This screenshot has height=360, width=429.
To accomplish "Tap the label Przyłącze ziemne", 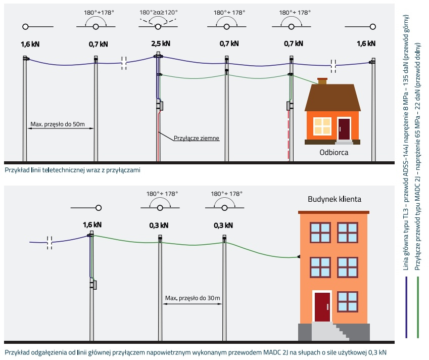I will point(196,137).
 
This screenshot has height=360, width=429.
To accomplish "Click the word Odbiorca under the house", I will point(333,152).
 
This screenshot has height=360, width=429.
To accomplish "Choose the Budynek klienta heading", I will point(335,199).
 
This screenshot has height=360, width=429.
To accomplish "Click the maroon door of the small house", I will point(344,129).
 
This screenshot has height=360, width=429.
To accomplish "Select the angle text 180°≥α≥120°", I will point(158,11).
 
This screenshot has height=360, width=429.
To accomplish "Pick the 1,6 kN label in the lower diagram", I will point(92,225).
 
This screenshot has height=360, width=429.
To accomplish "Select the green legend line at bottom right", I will point(417,308).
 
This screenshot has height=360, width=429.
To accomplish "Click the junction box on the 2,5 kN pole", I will point(160,106).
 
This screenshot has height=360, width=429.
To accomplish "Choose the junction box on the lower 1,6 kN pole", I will point(93,285).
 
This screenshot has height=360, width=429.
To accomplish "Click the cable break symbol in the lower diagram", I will point(50,242).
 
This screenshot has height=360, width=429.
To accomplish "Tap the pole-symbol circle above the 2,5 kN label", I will point(158,26).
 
